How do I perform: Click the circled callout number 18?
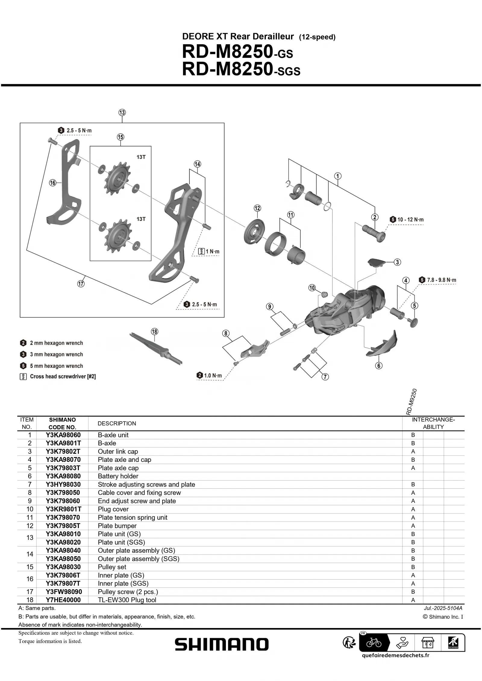click(154, 332)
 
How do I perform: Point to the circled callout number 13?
click(122, 113)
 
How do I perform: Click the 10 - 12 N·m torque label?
click(410, 220)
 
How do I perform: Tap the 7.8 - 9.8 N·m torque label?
click(441, 280)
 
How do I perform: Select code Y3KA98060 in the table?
click(63, 435)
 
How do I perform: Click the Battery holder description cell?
click(118, 476)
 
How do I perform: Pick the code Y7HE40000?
click(63, 600)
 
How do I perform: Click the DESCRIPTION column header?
click(117, 423)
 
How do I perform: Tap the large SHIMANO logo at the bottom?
click(221, 644)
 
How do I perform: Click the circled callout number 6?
click(378, 366)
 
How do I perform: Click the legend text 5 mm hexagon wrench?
click(56, 366)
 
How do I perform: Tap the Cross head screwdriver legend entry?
click(63, 376)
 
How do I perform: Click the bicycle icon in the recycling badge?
click(374, 643)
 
